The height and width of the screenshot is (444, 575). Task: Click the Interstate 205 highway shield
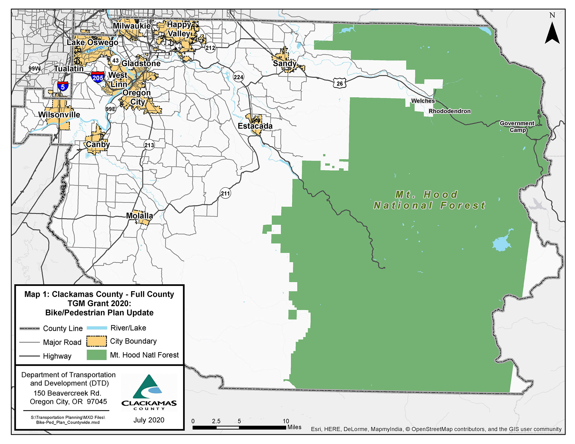point(98,77)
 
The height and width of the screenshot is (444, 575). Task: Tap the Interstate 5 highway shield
point(63,86)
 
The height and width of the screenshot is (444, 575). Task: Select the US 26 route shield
point(340,83)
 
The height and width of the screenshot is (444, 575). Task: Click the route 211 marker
point(225,193)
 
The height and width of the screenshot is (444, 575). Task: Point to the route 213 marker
point(149,145)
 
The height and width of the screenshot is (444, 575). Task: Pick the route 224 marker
point(238,77)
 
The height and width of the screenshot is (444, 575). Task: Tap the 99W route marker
point(34,68)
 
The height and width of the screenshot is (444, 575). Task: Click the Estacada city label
point(255,126)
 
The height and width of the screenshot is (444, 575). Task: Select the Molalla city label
point(139,216)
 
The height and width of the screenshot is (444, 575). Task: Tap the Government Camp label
point(517,126)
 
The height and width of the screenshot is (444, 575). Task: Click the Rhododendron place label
point(450,111)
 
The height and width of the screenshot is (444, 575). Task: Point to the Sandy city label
point(285,64)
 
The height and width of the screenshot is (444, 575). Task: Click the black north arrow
point(552,33)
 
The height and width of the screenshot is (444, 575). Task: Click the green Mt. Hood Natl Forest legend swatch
point(97,355)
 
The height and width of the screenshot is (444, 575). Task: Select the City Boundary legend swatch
point(97,341)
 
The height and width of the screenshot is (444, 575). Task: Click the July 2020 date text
point(149,420)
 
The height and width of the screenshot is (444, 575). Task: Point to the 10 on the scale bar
point(285,421)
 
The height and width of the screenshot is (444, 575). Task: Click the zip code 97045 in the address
point(97,401)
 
